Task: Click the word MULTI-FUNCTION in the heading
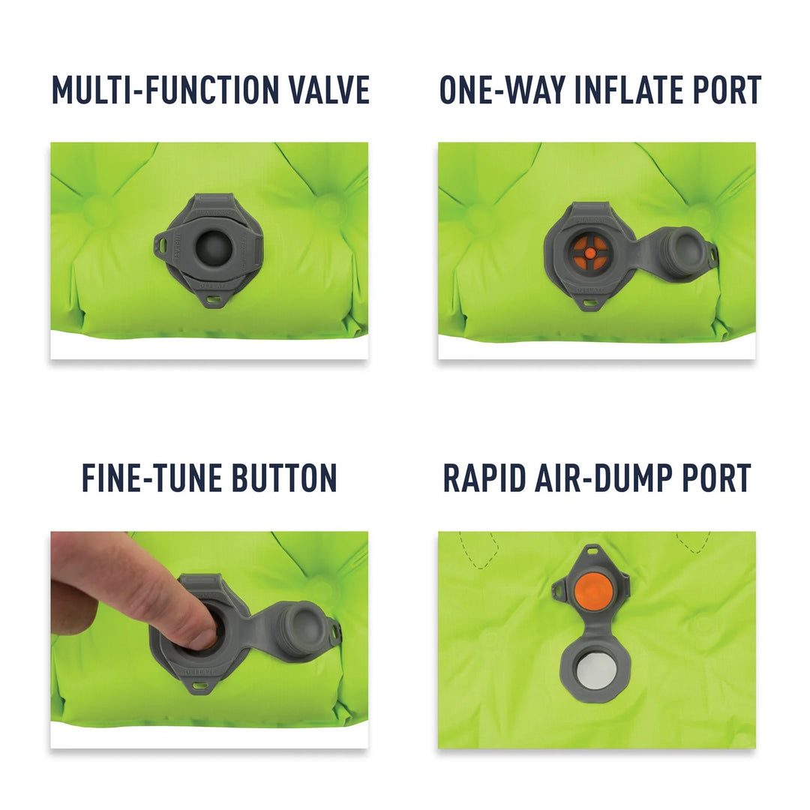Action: (x=160, y=90)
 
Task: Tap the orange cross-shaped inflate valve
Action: (x=590, y=254)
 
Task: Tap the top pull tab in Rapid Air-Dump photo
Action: (x=594, y=552)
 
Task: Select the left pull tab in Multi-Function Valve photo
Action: (x=161, y=242)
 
